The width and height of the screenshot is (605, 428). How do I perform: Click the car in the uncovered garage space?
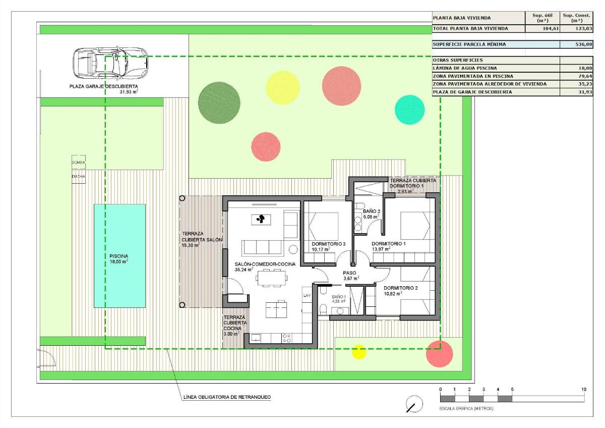coord(110,63)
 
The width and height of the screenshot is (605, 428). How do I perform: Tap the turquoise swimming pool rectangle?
coord(119,256)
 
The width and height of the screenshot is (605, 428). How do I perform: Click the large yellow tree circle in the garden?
coord(283,87)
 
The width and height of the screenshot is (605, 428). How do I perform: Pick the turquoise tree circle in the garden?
coord(409,110)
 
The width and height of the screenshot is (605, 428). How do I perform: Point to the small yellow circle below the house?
coord(359,351)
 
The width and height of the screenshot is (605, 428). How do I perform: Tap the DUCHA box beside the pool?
coord(78,177)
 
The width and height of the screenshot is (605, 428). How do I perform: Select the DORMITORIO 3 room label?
coord(328,244)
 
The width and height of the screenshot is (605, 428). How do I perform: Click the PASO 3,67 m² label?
coord(350,276)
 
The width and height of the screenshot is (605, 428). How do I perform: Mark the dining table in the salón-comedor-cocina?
coord(270,278)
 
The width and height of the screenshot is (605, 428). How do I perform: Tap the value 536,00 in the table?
coord(583,44)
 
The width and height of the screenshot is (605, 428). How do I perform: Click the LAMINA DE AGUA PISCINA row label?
coord(464,68)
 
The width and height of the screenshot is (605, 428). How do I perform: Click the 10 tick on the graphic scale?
coord(584,390)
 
